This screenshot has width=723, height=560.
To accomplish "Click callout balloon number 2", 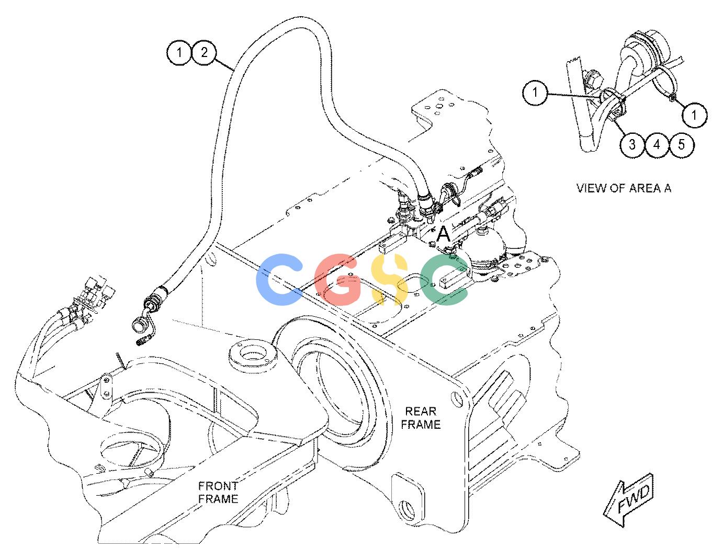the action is pos(204,52).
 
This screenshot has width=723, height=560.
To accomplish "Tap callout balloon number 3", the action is pos(632,145).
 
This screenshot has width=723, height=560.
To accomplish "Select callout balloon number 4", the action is pos(657,145).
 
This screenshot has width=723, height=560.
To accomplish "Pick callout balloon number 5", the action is pos(682,145).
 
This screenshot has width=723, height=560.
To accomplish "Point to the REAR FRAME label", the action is pos(421,418).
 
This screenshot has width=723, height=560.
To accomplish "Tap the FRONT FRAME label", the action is pos(218,492).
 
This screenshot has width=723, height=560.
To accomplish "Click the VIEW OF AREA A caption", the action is pos(624,188).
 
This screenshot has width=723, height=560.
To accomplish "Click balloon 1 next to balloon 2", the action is pos(179,52).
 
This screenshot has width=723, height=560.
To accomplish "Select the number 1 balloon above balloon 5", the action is pos(694,115).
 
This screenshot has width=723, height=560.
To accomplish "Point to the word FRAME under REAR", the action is pos(421,425).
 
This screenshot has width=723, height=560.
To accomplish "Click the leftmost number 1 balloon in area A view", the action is pos(535,92).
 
